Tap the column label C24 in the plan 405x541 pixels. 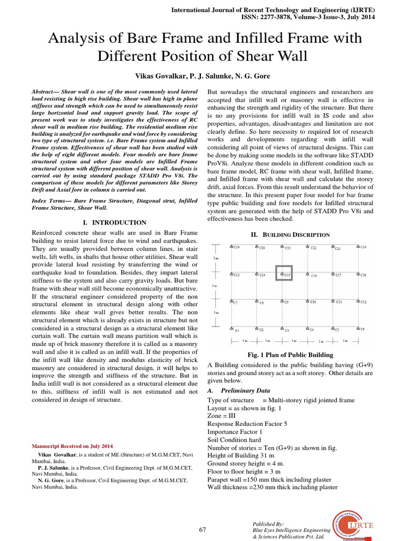pyautogui.click(x=363, y=247)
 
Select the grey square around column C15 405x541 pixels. pyautogui.click(x=284, y=273)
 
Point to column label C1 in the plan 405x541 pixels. pyautogui.click(x=237, y=330)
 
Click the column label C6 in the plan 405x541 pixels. pyautogui.click(x=362, y=329)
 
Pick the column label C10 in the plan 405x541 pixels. pyautogui.click(x=313, y=302)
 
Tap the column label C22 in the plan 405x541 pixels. pyautogui.click(x=313, y=248)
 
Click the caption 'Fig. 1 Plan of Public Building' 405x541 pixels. pyautogui.click(x=291, y=355)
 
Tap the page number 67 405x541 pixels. pyautogui.click(x=202, y=530)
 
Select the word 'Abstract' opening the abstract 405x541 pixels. pyautogui.click(x=45, y=91)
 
